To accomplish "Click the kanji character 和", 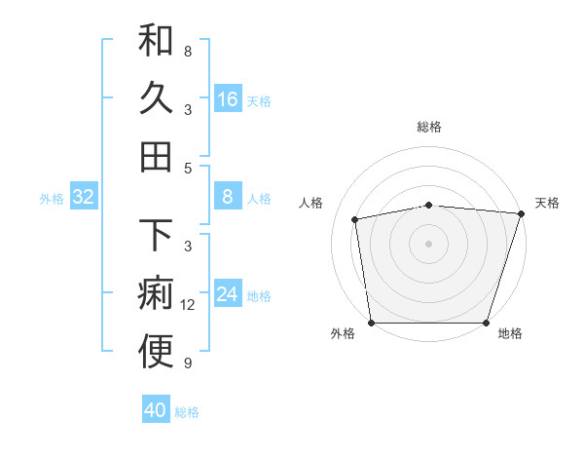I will click(156, 40).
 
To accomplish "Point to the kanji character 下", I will click(156, 235).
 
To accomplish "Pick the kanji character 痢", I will click(156, 294).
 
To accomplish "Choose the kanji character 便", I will click(156, 353).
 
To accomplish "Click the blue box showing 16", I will click(228, 99).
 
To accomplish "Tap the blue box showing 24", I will click(228, 295).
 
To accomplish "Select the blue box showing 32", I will click(83, 198).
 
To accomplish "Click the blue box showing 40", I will click(156, 410).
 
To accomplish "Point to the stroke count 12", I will click(188, 305).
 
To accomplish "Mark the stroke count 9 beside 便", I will click(187, 364).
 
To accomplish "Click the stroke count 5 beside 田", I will click(187, 168).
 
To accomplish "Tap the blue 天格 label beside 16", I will click(259, 100).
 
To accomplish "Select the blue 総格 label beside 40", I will click(187, 411).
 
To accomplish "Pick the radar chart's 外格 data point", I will click(371, 323).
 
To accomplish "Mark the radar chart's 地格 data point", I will click(486, 323).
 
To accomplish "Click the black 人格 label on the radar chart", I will click(311, 203).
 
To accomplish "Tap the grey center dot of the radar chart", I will click(428, 243).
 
